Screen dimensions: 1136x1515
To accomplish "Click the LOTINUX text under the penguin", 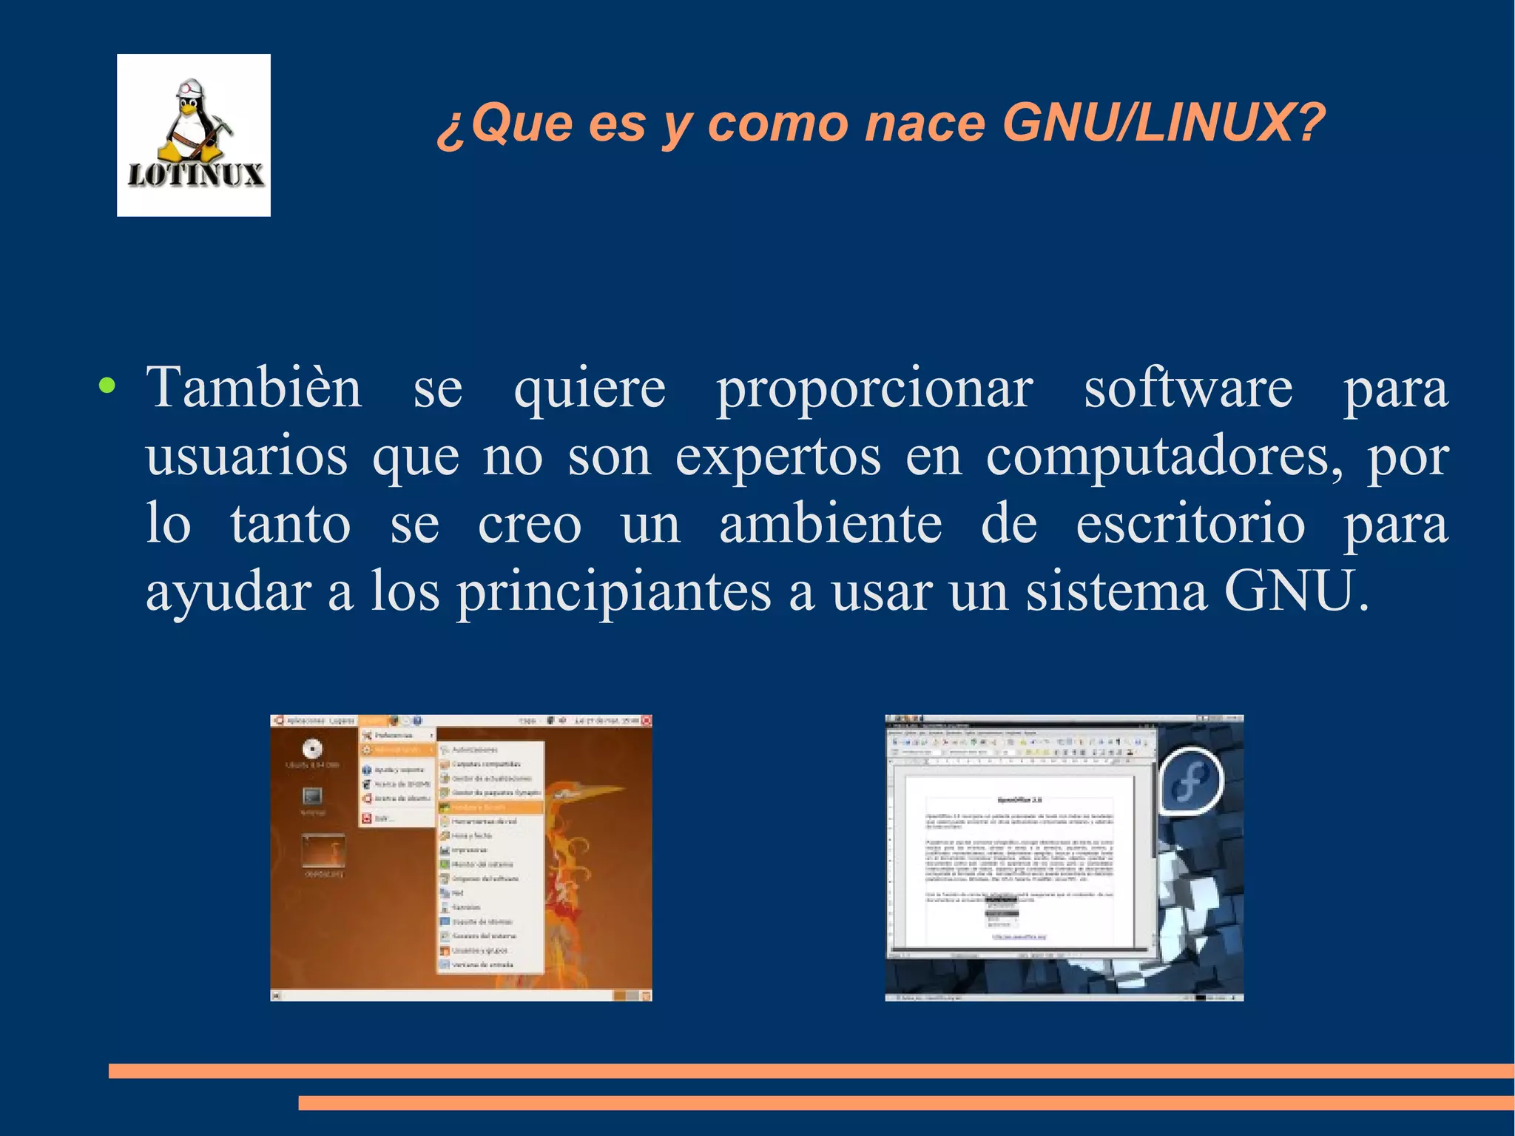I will click(x=195, y=175).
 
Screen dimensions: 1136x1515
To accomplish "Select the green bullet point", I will click(x=107, y=386).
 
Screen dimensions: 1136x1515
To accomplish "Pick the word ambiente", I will click(x=830, y=524).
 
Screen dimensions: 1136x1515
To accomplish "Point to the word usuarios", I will click(x=246, y=457).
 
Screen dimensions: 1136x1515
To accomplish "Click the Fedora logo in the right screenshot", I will click(x=1190, y=782).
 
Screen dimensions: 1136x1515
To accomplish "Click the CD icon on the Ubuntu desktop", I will click(x=312, y=748).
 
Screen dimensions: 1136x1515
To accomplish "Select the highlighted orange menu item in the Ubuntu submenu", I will click(x=490, y=807).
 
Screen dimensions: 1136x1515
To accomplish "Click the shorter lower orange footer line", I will click(x=905, y=1103).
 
